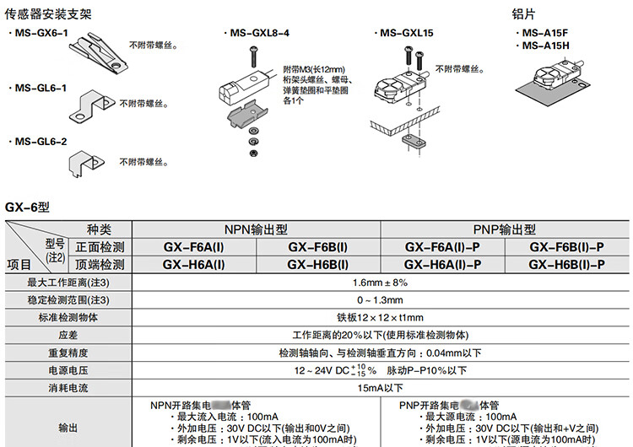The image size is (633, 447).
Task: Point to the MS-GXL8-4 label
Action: pos(258,33)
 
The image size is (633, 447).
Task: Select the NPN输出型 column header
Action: pos(256,229)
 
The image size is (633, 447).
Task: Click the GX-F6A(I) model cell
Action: pos(193,247)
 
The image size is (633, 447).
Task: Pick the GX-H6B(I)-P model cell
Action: pos(566,265)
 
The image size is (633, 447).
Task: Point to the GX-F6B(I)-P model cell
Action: pos(566,247)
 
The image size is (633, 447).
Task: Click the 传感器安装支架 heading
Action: pos(49,14)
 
